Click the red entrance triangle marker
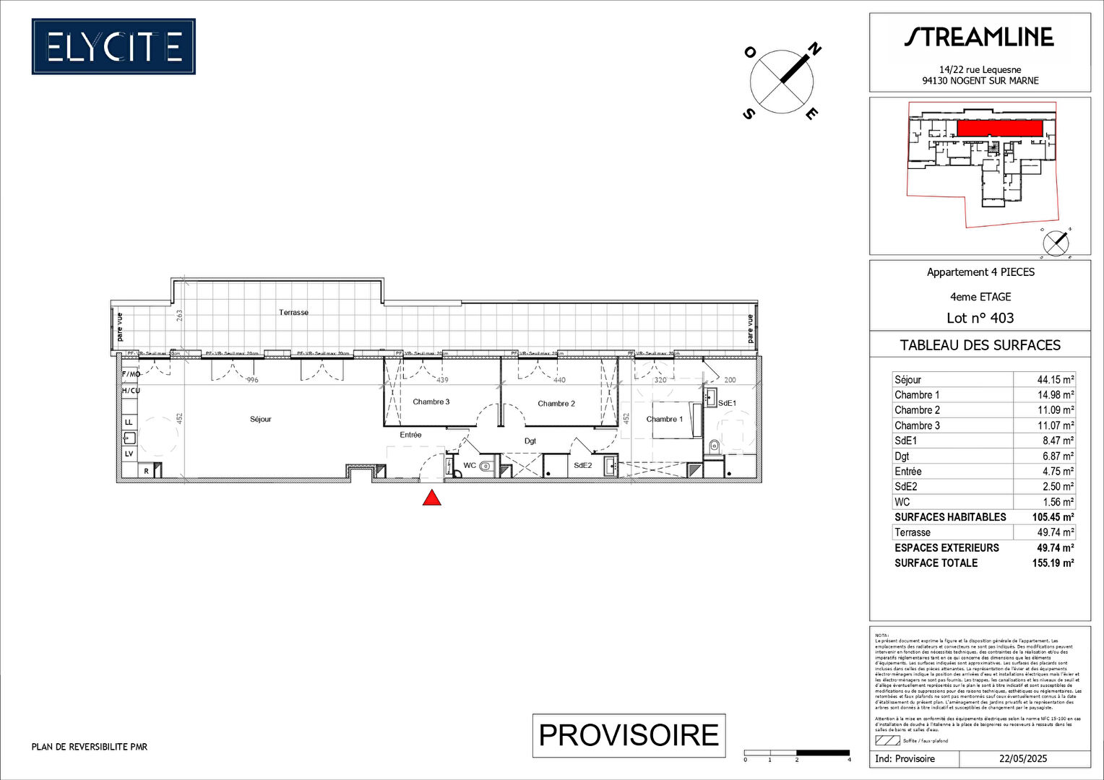[431, 498]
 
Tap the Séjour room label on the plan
[261, 420]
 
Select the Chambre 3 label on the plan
[431, 402]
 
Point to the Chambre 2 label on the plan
[556, 404]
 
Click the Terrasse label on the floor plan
[294, 313]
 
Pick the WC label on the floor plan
[470, 466]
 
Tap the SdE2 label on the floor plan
[582, 466]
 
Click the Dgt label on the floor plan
[530, 441]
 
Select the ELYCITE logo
[113, 47]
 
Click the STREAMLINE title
[979, 38]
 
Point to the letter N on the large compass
[814, 49]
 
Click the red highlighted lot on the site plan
[999, 129]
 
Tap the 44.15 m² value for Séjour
[1056, 380]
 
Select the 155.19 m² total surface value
[1053, 563]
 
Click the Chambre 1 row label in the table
[917, 395]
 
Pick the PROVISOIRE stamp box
[629, 735]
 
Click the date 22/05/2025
[1023, 759]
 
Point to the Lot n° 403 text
[980, 318]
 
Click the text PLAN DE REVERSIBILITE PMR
[90, 747]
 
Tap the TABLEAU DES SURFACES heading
[980, 345]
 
